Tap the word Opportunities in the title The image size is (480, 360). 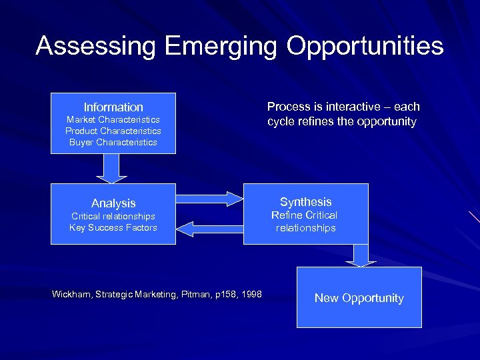click(x=365, y=46)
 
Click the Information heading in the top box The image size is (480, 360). click(x=113, y=107)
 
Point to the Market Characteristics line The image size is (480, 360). click(x=113, y=119)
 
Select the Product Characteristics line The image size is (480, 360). click(x=113, y=131)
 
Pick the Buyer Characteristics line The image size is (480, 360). click(x=113, y=142)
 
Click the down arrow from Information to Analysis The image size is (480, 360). click(x=111, y=168)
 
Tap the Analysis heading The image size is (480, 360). click(x=113, y=203)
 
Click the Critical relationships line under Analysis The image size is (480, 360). click(x=113, y=216)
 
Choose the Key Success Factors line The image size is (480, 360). click(x=113, y=227)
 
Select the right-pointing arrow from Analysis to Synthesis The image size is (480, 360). click(x=211, y=198)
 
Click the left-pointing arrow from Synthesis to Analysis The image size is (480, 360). click(x=209, y=229)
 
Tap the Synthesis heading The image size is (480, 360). click(x=306, y=202)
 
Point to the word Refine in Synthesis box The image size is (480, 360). click(x=287, y=215)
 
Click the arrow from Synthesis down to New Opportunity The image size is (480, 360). click(x=361, y=255)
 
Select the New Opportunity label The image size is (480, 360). click(x=359, y=298)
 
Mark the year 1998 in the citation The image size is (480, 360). click(x=251, y=295)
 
